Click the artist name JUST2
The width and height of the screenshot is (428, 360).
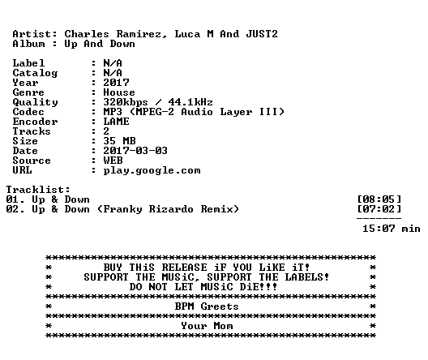(262, 34)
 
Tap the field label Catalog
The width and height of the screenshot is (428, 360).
(35, 73)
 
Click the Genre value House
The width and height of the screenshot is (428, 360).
(119, 92)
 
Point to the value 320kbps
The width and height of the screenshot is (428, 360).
(126, 102)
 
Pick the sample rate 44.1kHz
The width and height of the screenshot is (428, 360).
(190, 102)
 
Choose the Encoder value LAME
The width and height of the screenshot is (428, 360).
(116, 122)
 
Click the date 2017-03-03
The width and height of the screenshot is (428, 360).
(135, 151)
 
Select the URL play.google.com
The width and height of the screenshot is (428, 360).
(152, 170)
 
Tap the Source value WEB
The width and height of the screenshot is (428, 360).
(113, 161)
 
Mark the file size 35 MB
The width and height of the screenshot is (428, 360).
(119, 141)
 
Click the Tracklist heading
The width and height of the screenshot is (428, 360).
(38, 190)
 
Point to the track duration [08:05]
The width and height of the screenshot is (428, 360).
(379, 199)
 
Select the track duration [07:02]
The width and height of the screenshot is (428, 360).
(379, 209)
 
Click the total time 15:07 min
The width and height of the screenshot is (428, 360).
(392, 229)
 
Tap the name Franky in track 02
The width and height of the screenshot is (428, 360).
(123, 209)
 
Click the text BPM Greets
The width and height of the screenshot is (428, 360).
(207, 306)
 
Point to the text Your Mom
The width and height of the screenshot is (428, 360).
(207, 326)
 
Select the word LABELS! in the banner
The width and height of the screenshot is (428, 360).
(307, 277)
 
